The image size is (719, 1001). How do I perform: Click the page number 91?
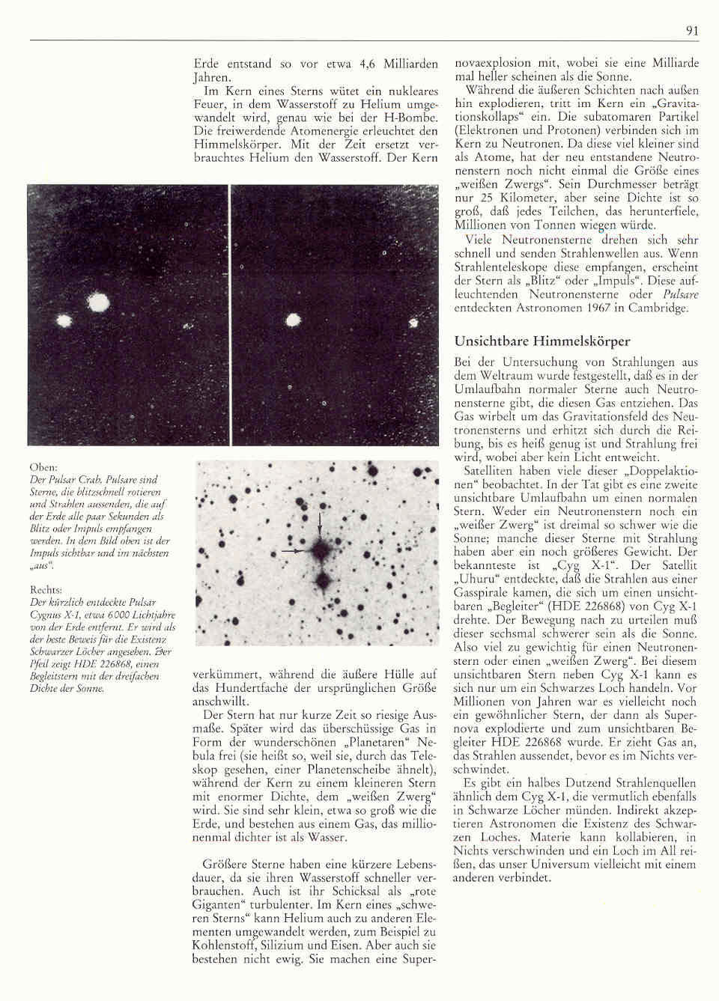pos(691,31)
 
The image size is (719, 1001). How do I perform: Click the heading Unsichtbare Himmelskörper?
pos(542,341)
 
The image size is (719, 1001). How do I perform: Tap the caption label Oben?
pos(43,467)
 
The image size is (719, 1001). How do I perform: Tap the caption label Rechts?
pos(46,590)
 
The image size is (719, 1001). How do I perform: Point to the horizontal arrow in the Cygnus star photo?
pos(299,550)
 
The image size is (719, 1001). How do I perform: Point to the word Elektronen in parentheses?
pos(489,131)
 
